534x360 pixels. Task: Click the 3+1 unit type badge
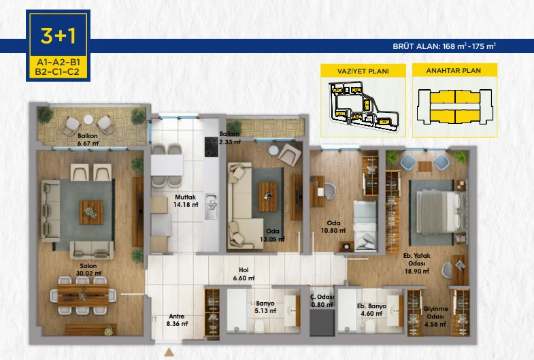pyautogui.click(x=57, y=34)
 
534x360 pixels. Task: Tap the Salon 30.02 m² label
pyautogui.click(x=88, y=269)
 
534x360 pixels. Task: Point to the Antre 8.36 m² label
pyautogui.click(x=177, y=320)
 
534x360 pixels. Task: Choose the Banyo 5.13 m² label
pyautogui.click(x=265, y=307)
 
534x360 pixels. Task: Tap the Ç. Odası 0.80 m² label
pyautogui.click(x=322, y=300)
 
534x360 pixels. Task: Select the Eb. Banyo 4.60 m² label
pyautogui.click(x=371, y=310)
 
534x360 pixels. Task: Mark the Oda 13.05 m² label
pyautogui.click(x=272, y=235)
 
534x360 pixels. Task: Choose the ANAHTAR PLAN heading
pyautogui.click(x=454, y=71)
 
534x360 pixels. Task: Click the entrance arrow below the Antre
pyautogui.click(x=170, y=352)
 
